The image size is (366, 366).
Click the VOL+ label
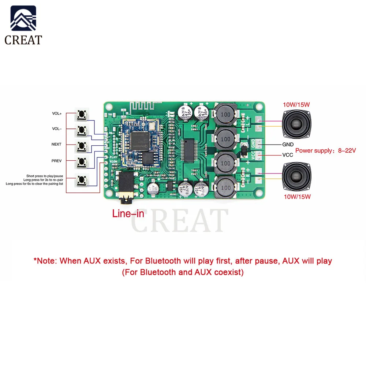(x=57, y=113)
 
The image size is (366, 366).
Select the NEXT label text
(x=56, y=144)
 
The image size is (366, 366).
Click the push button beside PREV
(x=82, y=161)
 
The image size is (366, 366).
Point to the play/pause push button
(x=82, y=180)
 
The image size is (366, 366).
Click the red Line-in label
(x=128, y=214)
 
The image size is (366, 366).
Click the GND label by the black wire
(x=288, y=145)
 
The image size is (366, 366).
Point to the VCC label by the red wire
(x=288, y=155)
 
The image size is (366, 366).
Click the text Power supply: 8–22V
(x=325, y=150)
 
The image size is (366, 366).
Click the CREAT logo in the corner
(x=23, y=25)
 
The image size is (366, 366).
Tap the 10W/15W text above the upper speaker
(x=296, y=104)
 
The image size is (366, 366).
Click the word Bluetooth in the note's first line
(x=163, y=261)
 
